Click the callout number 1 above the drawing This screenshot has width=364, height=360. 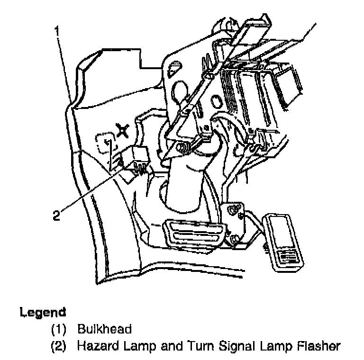(57, 32)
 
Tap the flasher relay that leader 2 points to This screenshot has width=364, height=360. (135, 158)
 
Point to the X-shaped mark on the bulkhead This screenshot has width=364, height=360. (123, 129)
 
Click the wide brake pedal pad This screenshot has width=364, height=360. (194, 232)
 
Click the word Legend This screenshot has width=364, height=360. (43, 313)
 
